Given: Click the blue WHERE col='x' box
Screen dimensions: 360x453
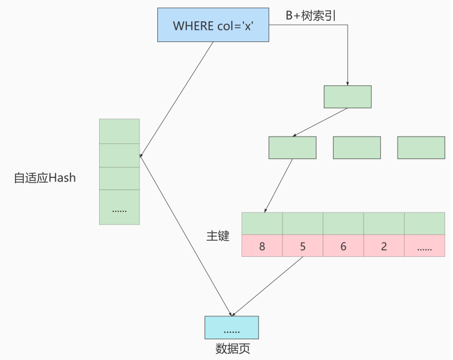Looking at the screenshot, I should point(213,25).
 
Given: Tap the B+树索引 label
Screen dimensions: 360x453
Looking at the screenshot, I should point(311,16).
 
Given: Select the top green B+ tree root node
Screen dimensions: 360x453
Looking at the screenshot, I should point(348,97).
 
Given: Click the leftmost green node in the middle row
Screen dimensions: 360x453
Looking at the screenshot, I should point(292,147).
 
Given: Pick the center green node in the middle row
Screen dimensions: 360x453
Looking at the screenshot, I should point(357,147).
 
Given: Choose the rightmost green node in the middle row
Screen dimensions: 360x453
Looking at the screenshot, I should point(421,147).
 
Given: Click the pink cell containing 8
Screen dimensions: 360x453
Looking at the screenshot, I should point(262,246).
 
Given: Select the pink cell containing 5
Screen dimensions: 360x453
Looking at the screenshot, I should point(303,246).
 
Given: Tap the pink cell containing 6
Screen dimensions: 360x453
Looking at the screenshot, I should point(343,246).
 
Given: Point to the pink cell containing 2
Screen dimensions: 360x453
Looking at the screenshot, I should point(384,246).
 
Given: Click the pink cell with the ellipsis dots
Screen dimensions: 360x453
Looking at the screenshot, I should point(424,246).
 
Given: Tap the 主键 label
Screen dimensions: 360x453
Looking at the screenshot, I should point(218,236).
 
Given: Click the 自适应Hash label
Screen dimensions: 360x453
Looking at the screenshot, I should point(45,178).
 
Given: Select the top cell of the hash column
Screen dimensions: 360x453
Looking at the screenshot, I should point(119,131).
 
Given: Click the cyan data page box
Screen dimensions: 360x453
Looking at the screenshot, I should point(232,327).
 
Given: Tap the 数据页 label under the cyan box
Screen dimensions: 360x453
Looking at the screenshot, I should point(232,349).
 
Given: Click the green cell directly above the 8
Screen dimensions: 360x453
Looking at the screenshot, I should point(262,223).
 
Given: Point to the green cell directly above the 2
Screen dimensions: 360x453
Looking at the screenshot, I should point(384,223).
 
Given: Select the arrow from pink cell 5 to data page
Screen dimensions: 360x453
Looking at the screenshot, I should point(268,285).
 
